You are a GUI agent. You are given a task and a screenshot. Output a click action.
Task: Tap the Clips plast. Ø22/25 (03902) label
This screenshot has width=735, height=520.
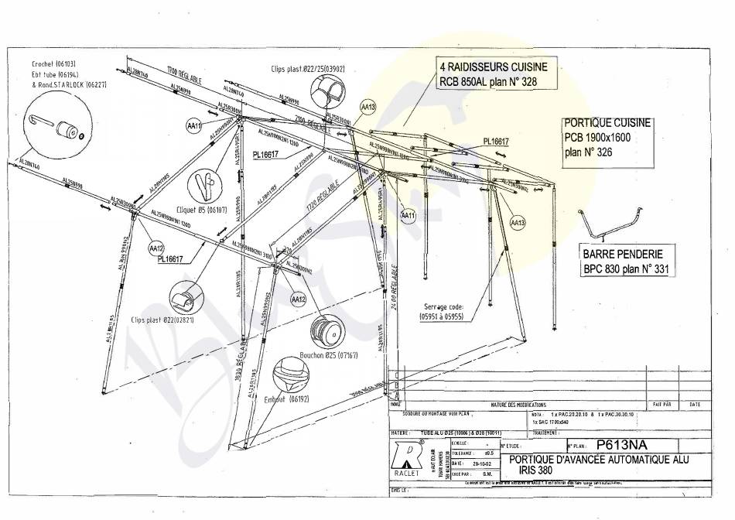[307, 69]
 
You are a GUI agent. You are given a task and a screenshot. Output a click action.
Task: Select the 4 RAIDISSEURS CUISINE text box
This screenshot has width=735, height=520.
[487, 74]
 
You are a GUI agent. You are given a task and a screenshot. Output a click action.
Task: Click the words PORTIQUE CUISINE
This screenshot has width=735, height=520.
[607, 123]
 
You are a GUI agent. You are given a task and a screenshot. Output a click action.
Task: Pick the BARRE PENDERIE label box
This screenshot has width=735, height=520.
[623, 262]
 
